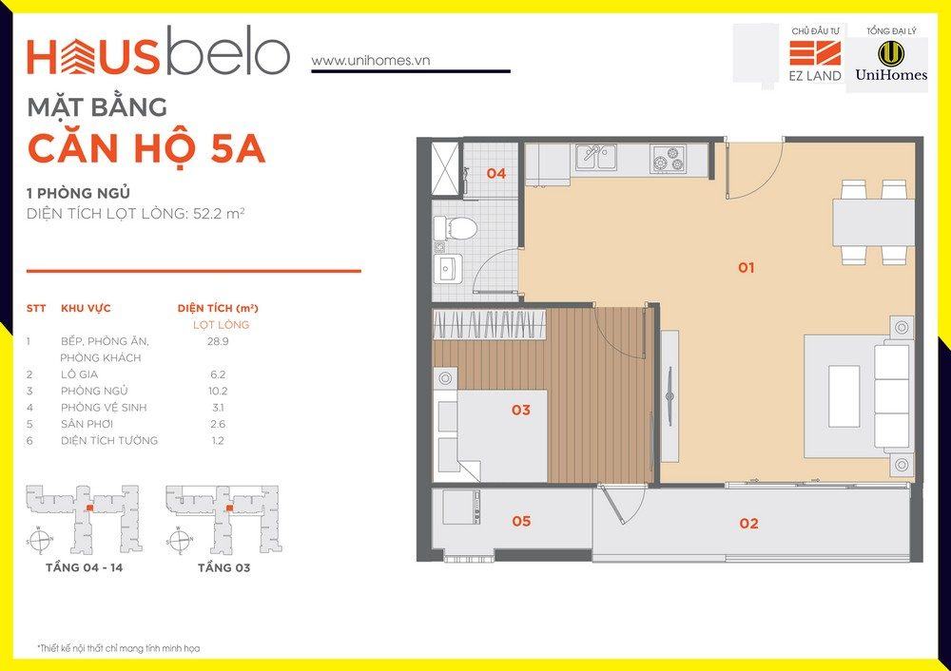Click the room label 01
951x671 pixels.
click(746, 267)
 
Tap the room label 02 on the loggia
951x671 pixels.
click(748, 523)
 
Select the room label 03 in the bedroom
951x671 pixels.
click(520, 411)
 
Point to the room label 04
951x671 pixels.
click(495, 173)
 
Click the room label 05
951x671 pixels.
click(521, 521)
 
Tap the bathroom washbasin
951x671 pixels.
click(448, 269)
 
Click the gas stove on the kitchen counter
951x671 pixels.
click(668, 157)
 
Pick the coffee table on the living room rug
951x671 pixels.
click(844, 396)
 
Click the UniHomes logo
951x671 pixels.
click(891, 62)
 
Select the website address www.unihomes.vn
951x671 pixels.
click(371, 60)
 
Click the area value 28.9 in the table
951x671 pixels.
click(218, 341)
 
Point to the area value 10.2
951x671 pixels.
click(218, 391)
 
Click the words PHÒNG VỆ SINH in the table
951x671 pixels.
click(104, 408)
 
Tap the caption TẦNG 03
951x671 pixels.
click(223, 568)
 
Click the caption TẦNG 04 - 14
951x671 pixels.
click(84, 568)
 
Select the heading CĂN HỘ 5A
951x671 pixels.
click(146, 148)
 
